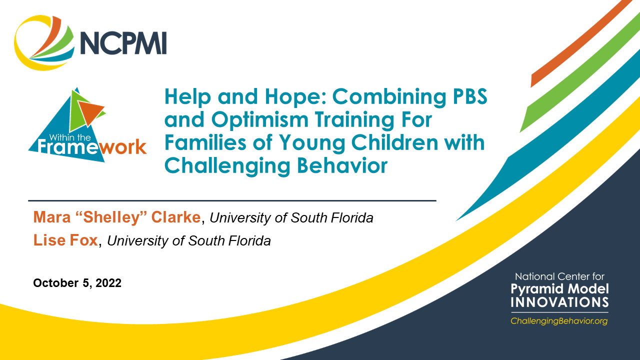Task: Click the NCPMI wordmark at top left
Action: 123,43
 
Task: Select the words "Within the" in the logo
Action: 70,137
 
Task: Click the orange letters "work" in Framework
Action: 123,147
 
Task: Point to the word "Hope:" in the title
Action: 295,97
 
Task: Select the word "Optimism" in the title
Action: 259,120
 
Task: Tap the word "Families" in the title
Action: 205,142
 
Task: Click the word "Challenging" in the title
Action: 227,166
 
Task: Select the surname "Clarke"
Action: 175,217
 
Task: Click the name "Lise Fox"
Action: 65,240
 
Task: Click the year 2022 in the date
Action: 108,283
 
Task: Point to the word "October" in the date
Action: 55,283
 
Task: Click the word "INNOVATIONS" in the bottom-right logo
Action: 559,302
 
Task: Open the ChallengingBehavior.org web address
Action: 559,321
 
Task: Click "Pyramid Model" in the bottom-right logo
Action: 559,289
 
